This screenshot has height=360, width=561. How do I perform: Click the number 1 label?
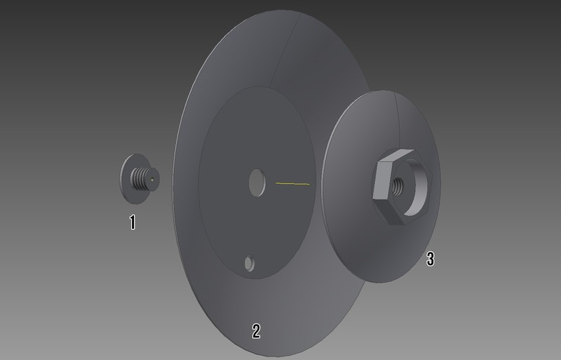click(x=133, y=222)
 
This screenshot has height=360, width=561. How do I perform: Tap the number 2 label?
click(x=256, y=331)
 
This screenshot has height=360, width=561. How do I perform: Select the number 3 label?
click(x=431, y=259)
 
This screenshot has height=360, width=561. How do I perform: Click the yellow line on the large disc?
click(x=292, y=184)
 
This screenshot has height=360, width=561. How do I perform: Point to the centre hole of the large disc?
click(x=257, y=182)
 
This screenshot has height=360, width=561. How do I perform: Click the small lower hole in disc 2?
click(x=250, y=263)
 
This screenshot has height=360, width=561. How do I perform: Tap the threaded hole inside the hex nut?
click(x=398, y=185)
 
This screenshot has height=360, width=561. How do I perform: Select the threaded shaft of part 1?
click(x=142, y=179)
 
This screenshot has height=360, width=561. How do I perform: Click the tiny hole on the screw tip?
click(x=152, y=180)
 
